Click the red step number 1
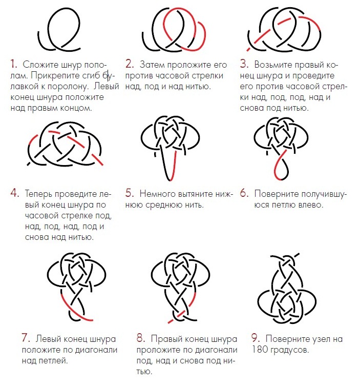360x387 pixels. point(13,64)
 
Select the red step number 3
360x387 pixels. point(244,64)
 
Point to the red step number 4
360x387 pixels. point(15,193)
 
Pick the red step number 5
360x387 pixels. point(130,193)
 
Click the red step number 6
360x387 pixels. point(244,193)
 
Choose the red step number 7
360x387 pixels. point(26,338)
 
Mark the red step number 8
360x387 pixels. point(141,338)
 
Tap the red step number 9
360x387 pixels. point(256,338)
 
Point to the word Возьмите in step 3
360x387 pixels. point(272,65)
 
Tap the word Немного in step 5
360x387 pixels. point(157,194)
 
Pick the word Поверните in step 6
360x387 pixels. point(274,194)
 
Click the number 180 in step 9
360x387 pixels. point(259,350)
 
